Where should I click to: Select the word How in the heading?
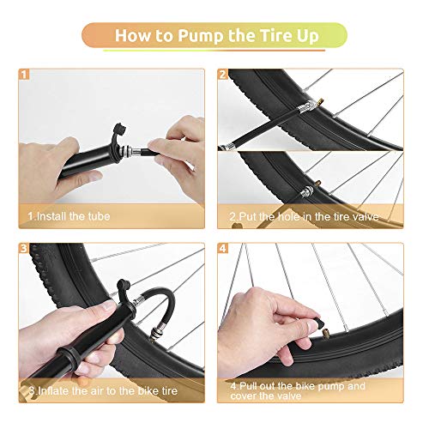click(135, 36)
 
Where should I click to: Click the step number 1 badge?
click(25, 76)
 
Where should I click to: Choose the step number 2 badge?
click(223, 76)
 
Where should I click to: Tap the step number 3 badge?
click(25, 251)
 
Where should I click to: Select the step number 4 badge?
click(223, 251)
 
